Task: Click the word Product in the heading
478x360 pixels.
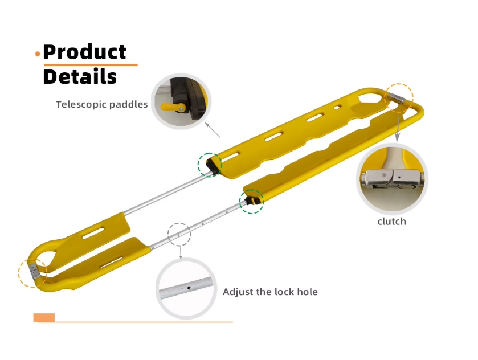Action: [84, 52]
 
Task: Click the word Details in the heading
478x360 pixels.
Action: [80, 76]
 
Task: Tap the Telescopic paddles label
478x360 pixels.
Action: [101, 104]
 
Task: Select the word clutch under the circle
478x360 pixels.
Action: [391, 222]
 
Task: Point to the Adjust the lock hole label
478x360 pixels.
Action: [270, 292]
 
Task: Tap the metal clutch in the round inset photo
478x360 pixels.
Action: [392, 180]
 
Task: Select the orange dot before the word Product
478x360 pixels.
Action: [38, 54]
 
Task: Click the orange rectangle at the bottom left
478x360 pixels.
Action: [44, 318]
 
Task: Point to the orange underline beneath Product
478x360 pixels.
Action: [91, 64]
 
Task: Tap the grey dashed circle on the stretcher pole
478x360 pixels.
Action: [179, 234]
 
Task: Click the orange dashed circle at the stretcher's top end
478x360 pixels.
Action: [399, 97]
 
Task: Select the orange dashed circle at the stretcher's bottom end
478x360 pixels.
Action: [32, 272]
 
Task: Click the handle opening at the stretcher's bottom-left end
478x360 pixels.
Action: [46, 256]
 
